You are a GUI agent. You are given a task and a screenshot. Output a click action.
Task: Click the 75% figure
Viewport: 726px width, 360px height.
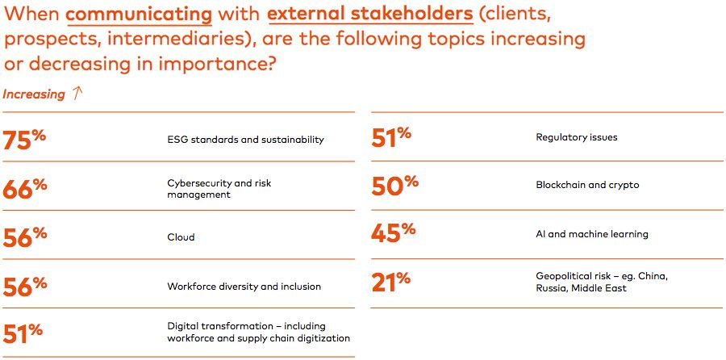25,140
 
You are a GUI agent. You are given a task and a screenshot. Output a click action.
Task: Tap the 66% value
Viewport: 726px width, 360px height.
25,189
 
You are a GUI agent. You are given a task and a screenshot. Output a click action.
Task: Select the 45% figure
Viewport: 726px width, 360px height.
393,234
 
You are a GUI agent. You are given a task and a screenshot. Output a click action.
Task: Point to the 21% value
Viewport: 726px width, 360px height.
391,282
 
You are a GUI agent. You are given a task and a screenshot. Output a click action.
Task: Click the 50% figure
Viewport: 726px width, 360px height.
394,186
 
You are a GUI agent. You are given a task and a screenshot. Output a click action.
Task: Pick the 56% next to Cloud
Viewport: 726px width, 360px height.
25,237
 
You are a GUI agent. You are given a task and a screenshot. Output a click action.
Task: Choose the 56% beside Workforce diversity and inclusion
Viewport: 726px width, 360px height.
25,287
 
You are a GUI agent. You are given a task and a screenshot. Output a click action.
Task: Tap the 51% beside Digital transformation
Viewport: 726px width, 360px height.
23,333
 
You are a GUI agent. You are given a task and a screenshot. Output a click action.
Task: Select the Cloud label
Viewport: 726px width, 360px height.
181,237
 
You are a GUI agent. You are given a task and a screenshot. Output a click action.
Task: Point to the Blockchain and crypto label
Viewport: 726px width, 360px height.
587,185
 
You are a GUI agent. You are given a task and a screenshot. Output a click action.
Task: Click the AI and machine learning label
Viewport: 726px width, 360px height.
592,234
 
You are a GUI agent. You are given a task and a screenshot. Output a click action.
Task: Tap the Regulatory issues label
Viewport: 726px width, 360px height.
577,137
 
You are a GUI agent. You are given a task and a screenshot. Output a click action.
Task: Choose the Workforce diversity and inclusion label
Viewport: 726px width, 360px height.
244,287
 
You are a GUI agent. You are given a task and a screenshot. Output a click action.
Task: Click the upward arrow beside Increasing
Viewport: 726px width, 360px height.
77,94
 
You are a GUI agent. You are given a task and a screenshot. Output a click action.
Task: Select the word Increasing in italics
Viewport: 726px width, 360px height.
34,94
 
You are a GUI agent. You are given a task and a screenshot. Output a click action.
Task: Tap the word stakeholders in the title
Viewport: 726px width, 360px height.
403,15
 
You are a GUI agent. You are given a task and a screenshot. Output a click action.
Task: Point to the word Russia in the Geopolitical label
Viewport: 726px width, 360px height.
553,288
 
